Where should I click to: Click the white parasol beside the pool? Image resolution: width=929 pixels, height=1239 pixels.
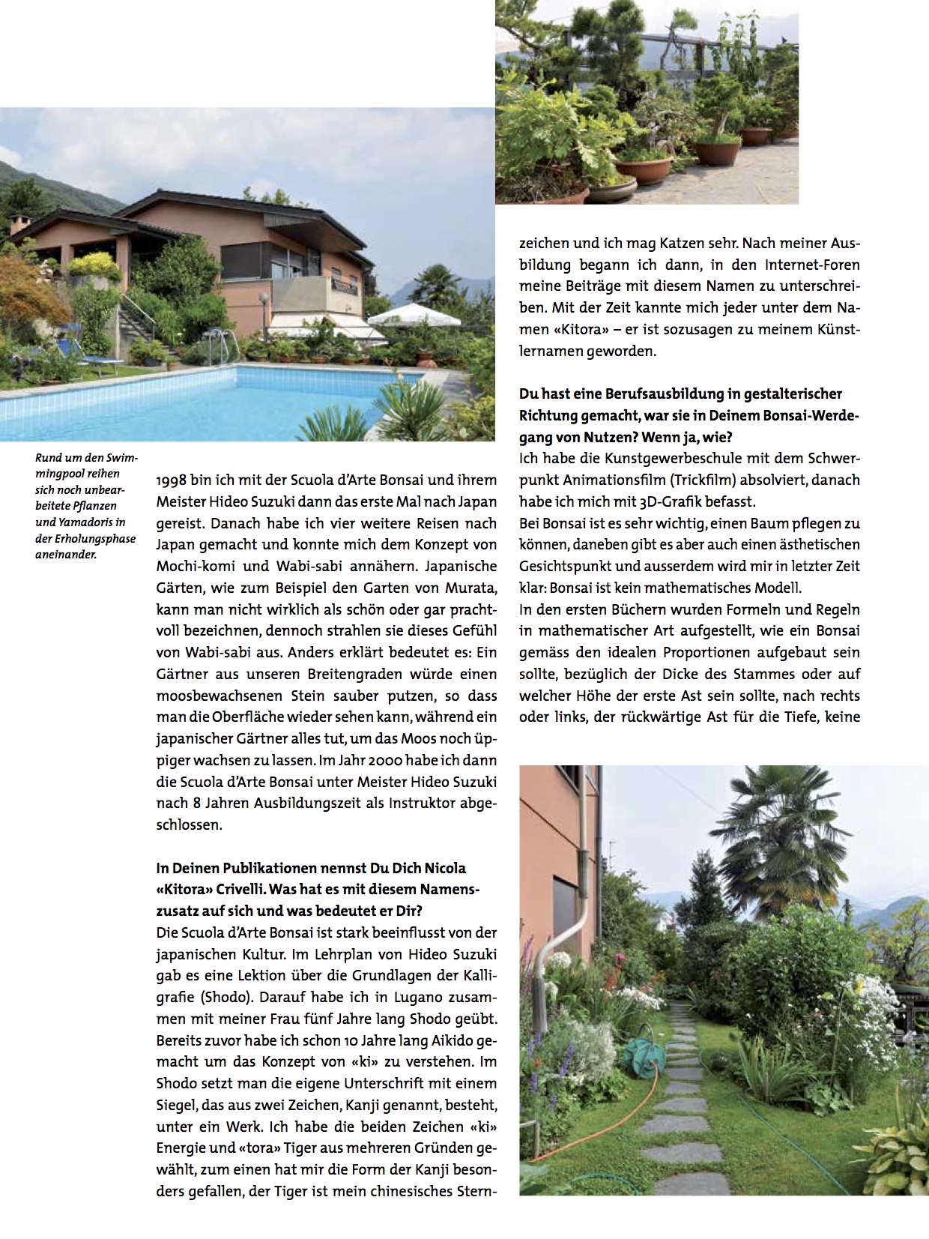pos(414,314)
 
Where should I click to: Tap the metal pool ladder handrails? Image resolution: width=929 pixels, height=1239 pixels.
pos(223,347)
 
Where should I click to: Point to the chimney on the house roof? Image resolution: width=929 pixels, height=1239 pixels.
pos(19,223)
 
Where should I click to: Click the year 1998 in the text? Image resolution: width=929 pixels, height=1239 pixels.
pos(172,480)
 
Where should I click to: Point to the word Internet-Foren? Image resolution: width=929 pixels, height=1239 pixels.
pos(812,265)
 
